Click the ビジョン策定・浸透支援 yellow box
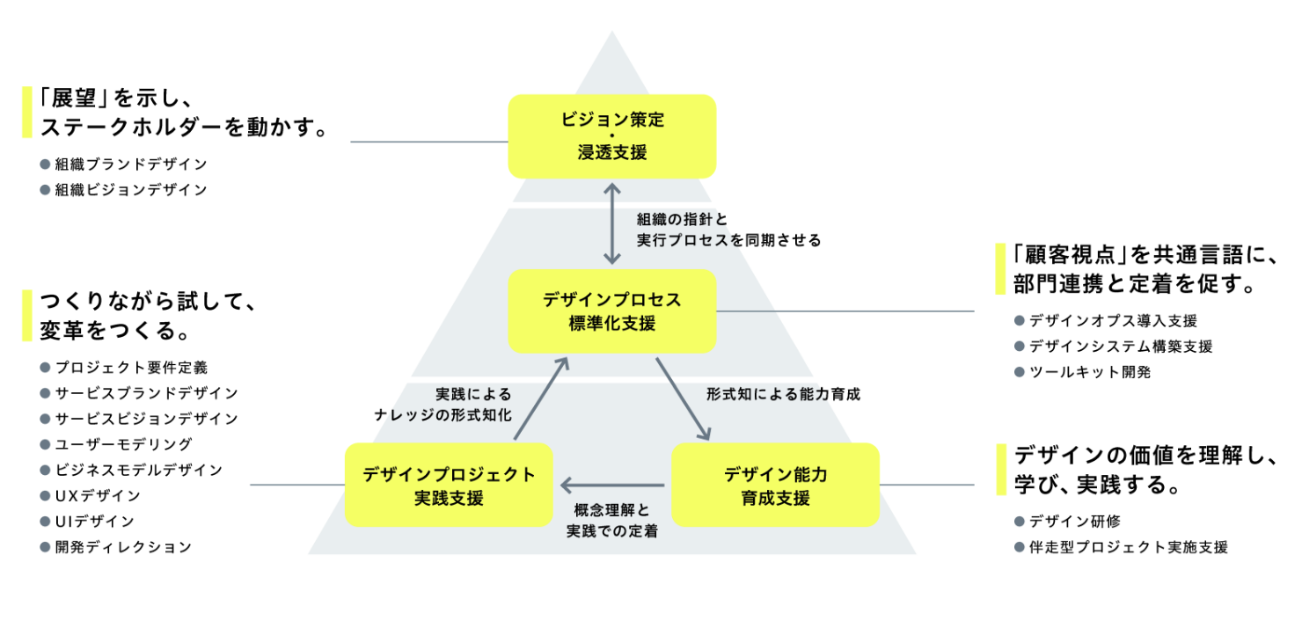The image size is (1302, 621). click(x=611, y=136)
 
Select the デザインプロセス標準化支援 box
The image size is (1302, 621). click(x=611, y=310)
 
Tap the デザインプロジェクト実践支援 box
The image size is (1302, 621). click(x=449, y=485)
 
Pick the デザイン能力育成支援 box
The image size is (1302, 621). click(x=775, y=485)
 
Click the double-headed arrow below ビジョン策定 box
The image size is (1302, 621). click(x=612, y=223)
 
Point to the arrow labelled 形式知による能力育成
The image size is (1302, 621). click(x=684, y=398)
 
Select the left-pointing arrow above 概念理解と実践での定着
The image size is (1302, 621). click(x=612, y=485)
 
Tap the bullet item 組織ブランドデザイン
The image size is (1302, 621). click(x=130, y=164)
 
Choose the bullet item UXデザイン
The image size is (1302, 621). click(x=97, y=495)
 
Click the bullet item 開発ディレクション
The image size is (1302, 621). click(x=122, y=547)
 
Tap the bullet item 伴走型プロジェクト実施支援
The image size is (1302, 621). click(x=1128, y=547)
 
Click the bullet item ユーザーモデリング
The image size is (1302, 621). click(x=122, y=444)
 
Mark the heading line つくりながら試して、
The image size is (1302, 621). click(x=148, y=303)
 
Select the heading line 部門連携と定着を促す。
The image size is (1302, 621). click(x=1134, y=285)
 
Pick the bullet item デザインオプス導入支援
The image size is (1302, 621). click(x=1113, y=321)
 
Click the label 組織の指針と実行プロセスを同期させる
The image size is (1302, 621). click(x=728, y=230)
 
